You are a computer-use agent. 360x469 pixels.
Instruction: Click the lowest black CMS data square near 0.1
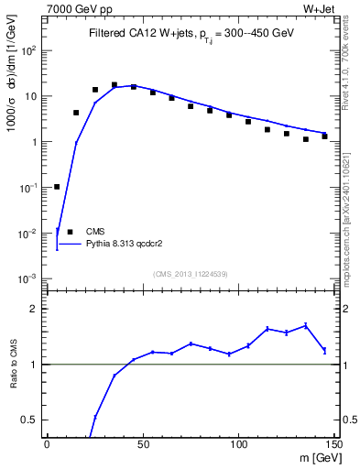point(57,187)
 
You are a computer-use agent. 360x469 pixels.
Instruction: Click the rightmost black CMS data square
point(324,136)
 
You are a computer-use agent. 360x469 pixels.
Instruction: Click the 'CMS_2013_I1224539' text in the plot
point(191,274)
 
